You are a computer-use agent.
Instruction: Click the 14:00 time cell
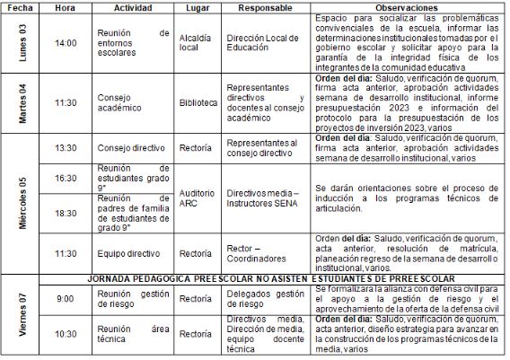(66, 42)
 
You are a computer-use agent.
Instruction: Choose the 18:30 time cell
(66, 215)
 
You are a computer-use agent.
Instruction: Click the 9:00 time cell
(66, 299)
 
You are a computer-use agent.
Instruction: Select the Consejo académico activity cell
(130, 102)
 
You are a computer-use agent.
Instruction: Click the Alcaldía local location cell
(197, 42)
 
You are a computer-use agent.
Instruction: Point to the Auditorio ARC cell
(197, 198)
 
